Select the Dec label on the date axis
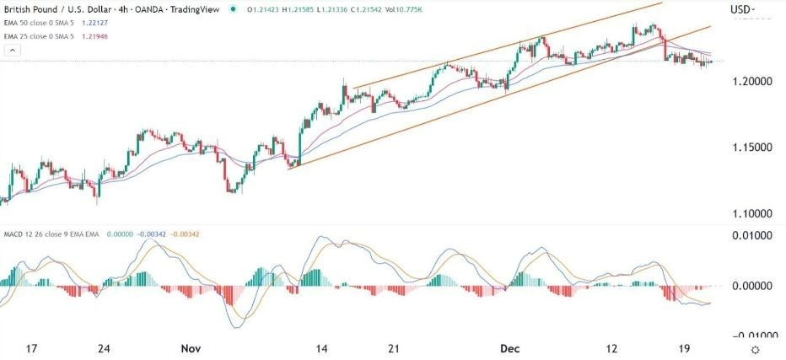508,348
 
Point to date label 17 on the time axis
32,348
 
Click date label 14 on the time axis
321,348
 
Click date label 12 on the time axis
611,348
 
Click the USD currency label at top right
740,9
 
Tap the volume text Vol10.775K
413,9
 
